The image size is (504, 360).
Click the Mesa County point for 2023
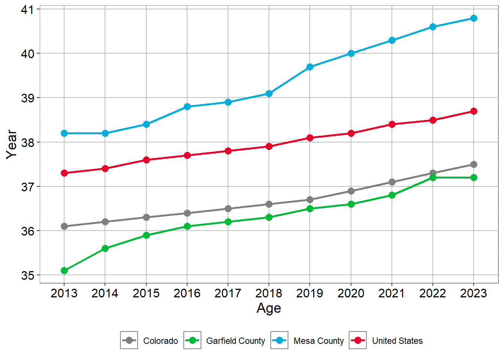tap(474, 18)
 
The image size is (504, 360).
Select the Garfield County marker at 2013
tap(64, 270)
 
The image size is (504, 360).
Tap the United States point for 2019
tap(310, 138)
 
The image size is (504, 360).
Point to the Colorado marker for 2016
tap(187, 213)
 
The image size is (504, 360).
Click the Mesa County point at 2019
tap(310, 67)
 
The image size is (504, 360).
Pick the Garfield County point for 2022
tap(433, 177)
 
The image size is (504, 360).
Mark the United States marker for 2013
tap(64, 173)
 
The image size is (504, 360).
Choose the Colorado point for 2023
tap(474, 164)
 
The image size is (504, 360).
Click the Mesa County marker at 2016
tap(187, 106)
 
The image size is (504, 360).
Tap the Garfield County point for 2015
tap(146, 235)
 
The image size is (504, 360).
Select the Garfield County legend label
tap(235, 341)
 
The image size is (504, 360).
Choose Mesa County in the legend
tap(318, 341)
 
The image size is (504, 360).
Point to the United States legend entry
tap(397, 341)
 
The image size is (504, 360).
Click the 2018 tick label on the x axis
tap(269, 293)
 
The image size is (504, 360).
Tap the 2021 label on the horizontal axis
tap(392, 293)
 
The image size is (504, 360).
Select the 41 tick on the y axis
tap(27, 9)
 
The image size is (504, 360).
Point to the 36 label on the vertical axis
tap(27, 231)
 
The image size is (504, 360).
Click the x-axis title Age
tap(269, 308)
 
